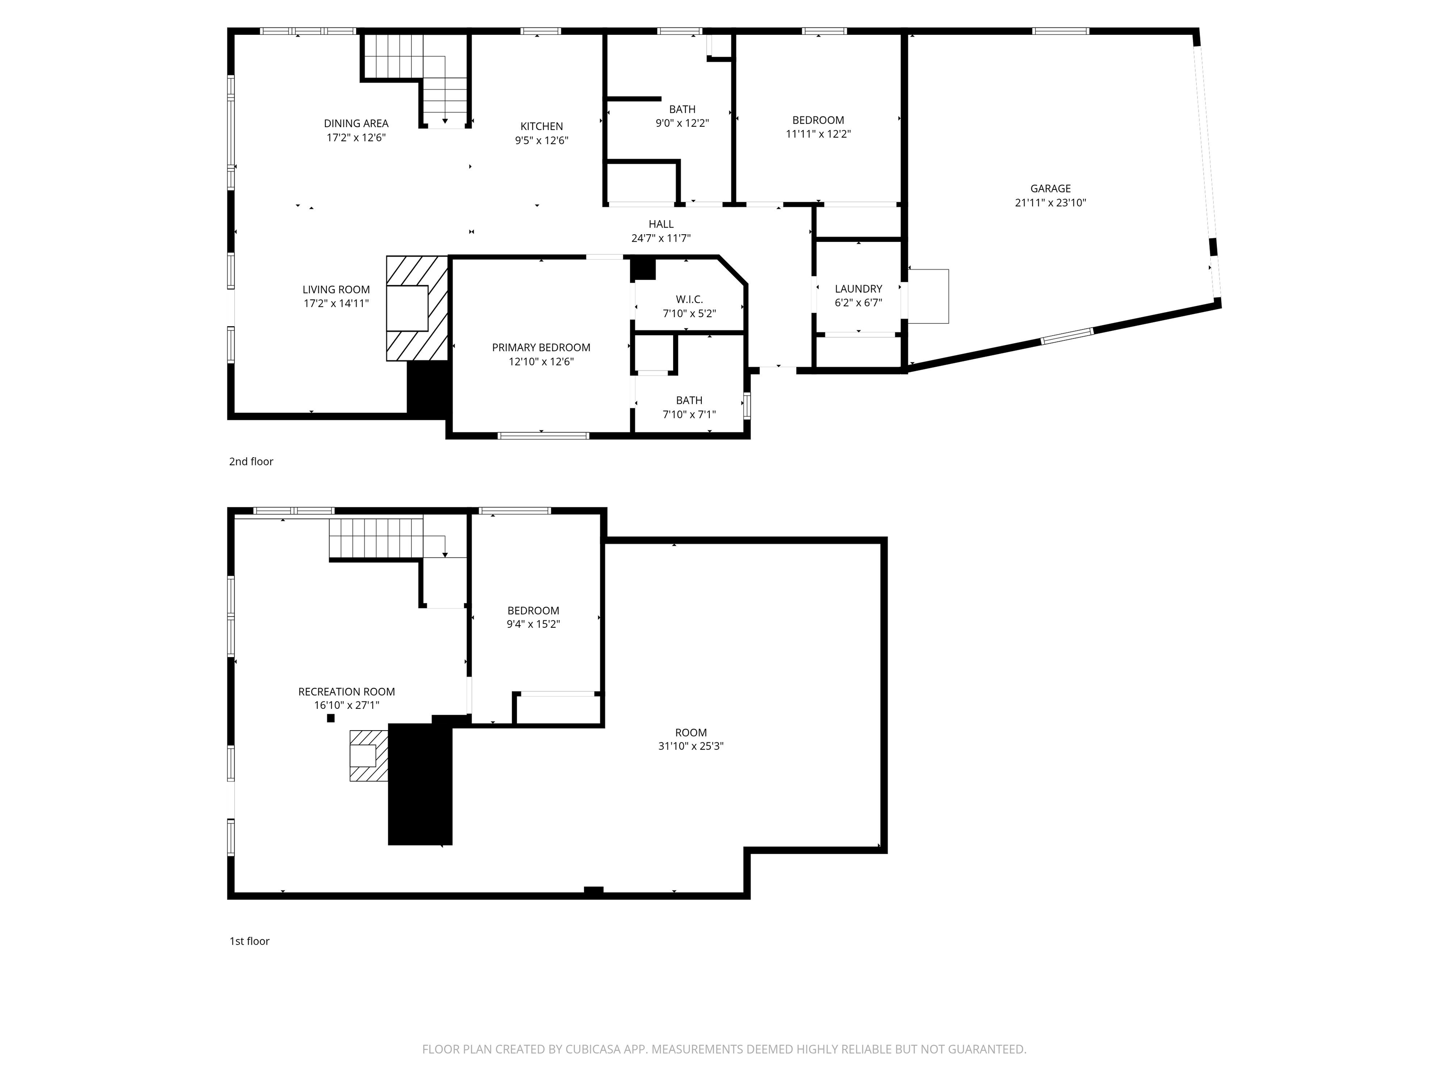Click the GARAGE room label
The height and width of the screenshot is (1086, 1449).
pyautogui.click(x=1050, y=189)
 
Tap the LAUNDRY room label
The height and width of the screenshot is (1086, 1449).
pyautogui.click(x=858, y=288)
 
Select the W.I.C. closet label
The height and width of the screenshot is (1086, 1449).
pyautogui.click(x=689, y=299)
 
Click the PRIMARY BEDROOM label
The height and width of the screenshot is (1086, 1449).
pyautogui.click(x=541, y=347)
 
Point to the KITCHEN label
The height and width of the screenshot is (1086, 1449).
pyautogui.click(x=541, y=126)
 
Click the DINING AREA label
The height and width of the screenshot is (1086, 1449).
pyautogui.click(x=356, y=123)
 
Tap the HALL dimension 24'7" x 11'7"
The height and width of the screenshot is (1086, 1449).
pyautogui.click(x=660, y=239)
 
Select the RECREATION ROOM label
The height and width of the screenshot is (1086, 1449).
pyautogui.click(x=347, y=691)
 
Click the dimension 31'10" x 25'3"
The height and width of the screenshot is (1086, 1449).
pyautogui.click(x=691, y=746)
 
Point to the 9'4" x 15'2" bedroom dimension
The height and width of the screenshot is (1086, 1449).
pyautogui.click(x=533, y=624)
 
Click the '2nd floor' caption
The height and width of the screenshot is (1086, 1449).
pyautogui.click(x=251, y=461)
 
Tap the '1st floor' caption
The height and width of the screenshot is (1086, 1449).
pyautogui.click(x=249, y=941)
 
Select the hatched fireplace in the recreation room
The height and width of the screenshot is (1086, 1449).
pyautogui.click(x=368, y=756)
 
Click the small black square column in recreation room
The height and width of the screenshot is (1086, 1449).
pyautogui.click(x=331, y=718)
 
